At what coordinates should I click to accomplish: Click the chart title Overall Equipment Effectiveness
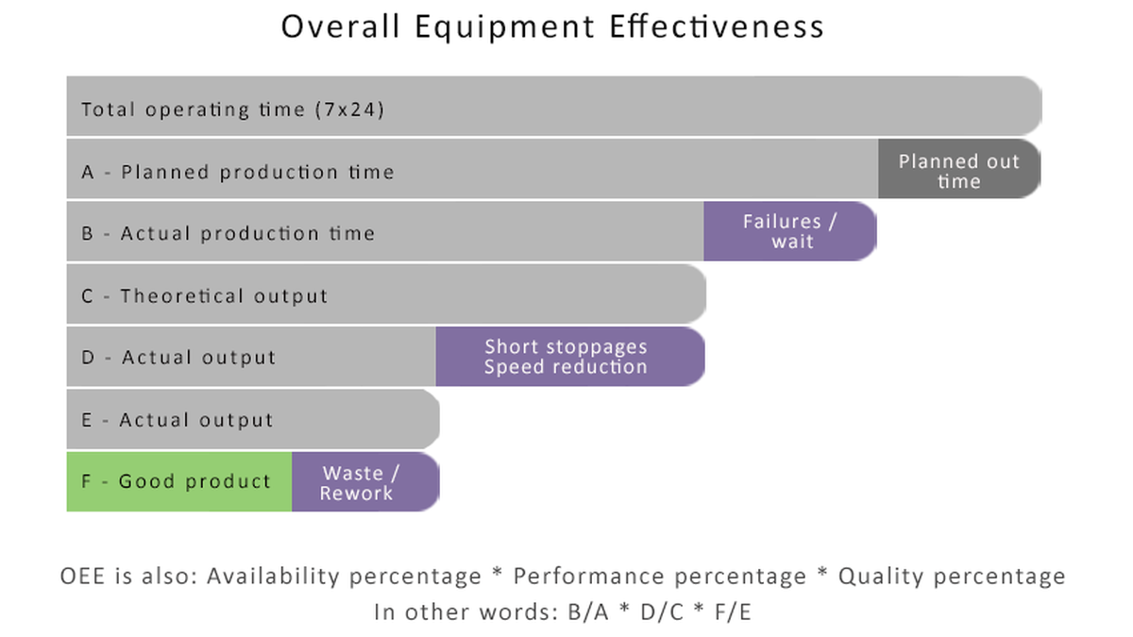[552, 25]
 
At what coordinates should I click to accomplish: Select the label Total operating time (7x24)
[233, 109]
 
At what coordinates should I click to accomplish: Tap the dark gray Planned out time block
[958, 171]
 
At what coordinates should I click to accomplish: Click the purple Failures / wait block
[790, 231]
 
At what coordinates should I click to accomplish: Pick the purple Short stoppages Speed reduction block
[566, 357]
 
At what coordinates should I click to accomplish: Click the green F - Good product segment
[178, 481]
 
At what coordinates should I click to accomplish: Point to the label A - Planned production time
[237, 172]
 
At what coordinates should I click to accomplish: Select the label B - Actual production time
[228, 233]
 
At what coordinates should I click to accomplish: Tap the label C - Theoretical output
[204, 295]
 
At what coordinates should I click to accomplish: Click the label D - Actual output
[178, 358]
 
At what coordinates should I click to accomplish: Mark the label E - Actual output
[177, 420]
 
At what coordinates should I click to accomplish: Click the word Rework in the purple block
[356, 494]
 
